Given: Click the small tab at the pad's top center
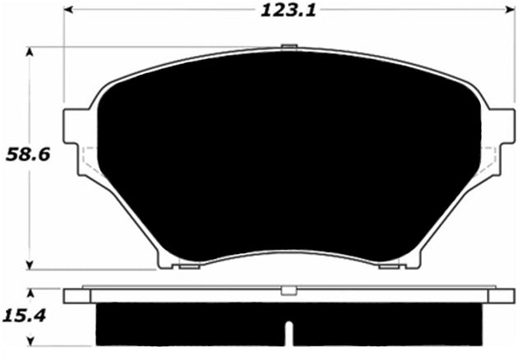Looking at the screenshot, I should point(287,47).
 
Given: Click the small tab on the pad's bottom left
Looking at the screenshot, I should point(188,265).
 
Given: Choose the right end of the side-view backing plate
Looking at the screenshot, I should point(501,296).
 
